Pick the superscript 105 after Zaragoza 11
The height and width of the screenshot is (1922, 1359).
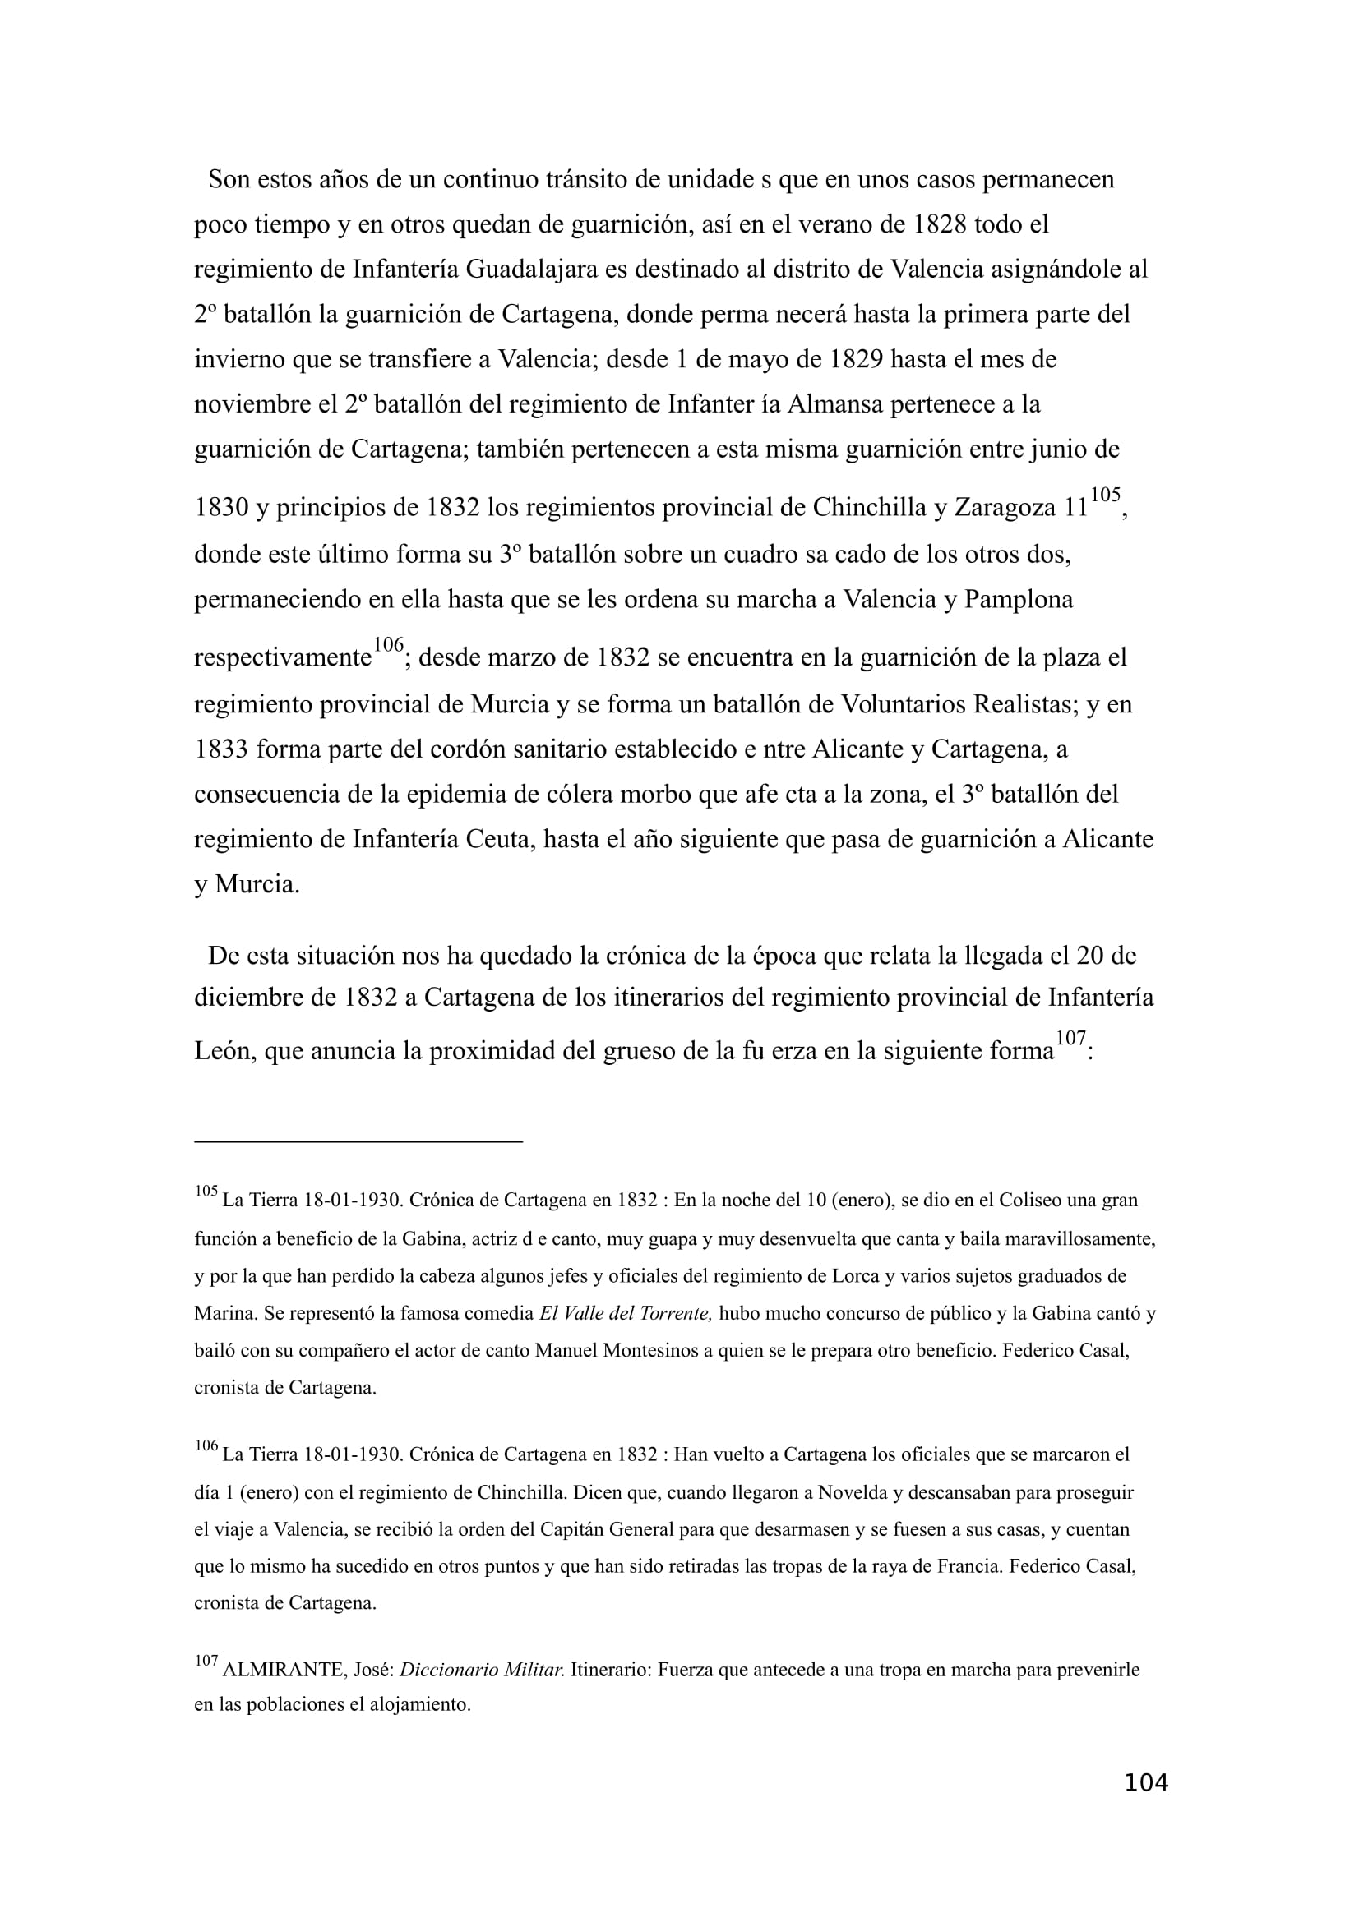point(1105,495)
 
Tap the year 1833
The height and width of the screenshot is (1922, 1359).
point(221,749)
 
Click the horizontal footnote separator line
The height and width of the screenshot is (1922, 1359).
point(358,1141)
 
